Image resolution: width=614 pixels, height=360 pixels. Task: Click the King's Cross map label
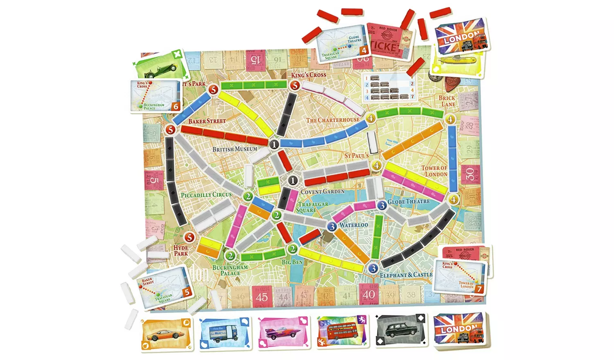pyautogui.click(x=309, y=75)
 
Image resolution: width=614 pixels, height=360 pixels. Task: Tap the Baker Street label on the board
pyautogui.click(x=207, y=121)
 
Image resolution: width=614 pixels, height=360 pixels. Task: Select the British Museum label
pyautogui.click(x=235, y=149)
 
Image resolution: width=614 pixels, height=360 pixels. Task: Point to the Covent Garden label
pyautogui.click(x=323, y=191)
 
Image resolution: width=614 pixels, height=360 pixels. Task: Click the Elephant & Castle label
pyautogui.click(x=406, y=275)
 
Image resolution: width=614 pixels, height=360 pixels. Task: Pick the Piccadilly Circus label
pyautogui.click(x=206, y=195)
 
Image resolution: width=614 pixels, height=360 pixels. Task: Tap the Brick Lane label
pyautogui.click(x=447, y=101)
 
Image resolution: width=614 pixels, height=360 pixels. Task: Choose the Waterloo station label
pyautogui.click(x=354, y=225)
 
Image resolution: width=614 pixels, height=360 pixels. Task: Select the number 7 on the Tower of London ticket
pyautogui.click(x=479, y=289)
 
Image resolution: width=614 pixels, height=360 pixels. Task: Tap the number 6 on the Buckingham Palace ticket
pyautogui.click(x=176, y=107)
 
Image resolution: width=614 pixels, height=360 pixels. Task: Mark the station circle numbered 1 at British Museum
pyautogui.click(x=274, y=144)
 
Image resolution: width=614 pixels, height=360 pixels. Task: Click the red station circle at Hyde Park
pyautogui.click(x=189, y=237)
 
